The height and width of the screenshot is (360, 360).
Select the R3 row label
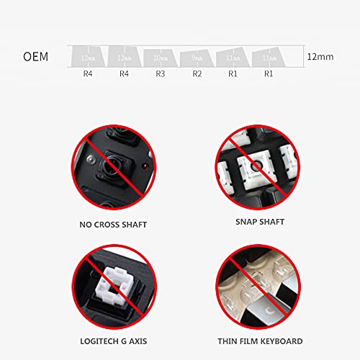pos(161,73)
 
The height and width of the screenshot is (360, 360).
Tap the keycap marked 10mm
pos(160,55)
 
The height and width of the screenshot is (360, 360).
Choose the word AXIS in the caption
pos(135,341)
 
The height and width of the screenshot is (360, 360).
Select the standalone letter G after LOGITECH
pos(121,341)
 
